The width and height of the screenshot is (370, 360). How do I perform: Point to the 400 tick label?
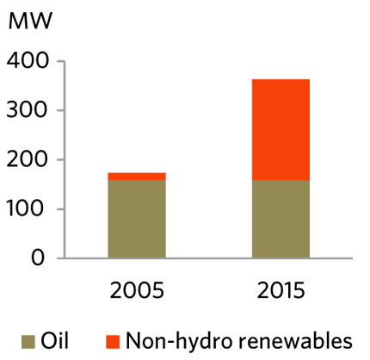28,62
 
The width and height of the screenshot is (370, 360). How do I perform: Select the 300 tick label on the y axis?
28,111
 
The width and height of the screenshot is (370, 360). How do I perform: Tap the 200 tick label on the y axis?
28,160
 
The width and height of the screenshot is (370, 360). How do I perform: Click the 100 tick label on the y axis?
28,209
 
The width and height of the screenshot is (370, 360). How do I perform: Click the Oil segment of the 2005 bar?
137,219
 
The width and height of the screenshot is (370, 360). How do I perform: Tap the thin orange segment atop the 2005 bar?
137,177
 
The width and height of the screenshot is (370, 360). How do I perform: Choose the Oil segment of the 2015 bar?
281,219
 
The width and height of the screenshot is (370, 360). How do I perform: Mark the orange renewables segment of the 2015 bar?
281,129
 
